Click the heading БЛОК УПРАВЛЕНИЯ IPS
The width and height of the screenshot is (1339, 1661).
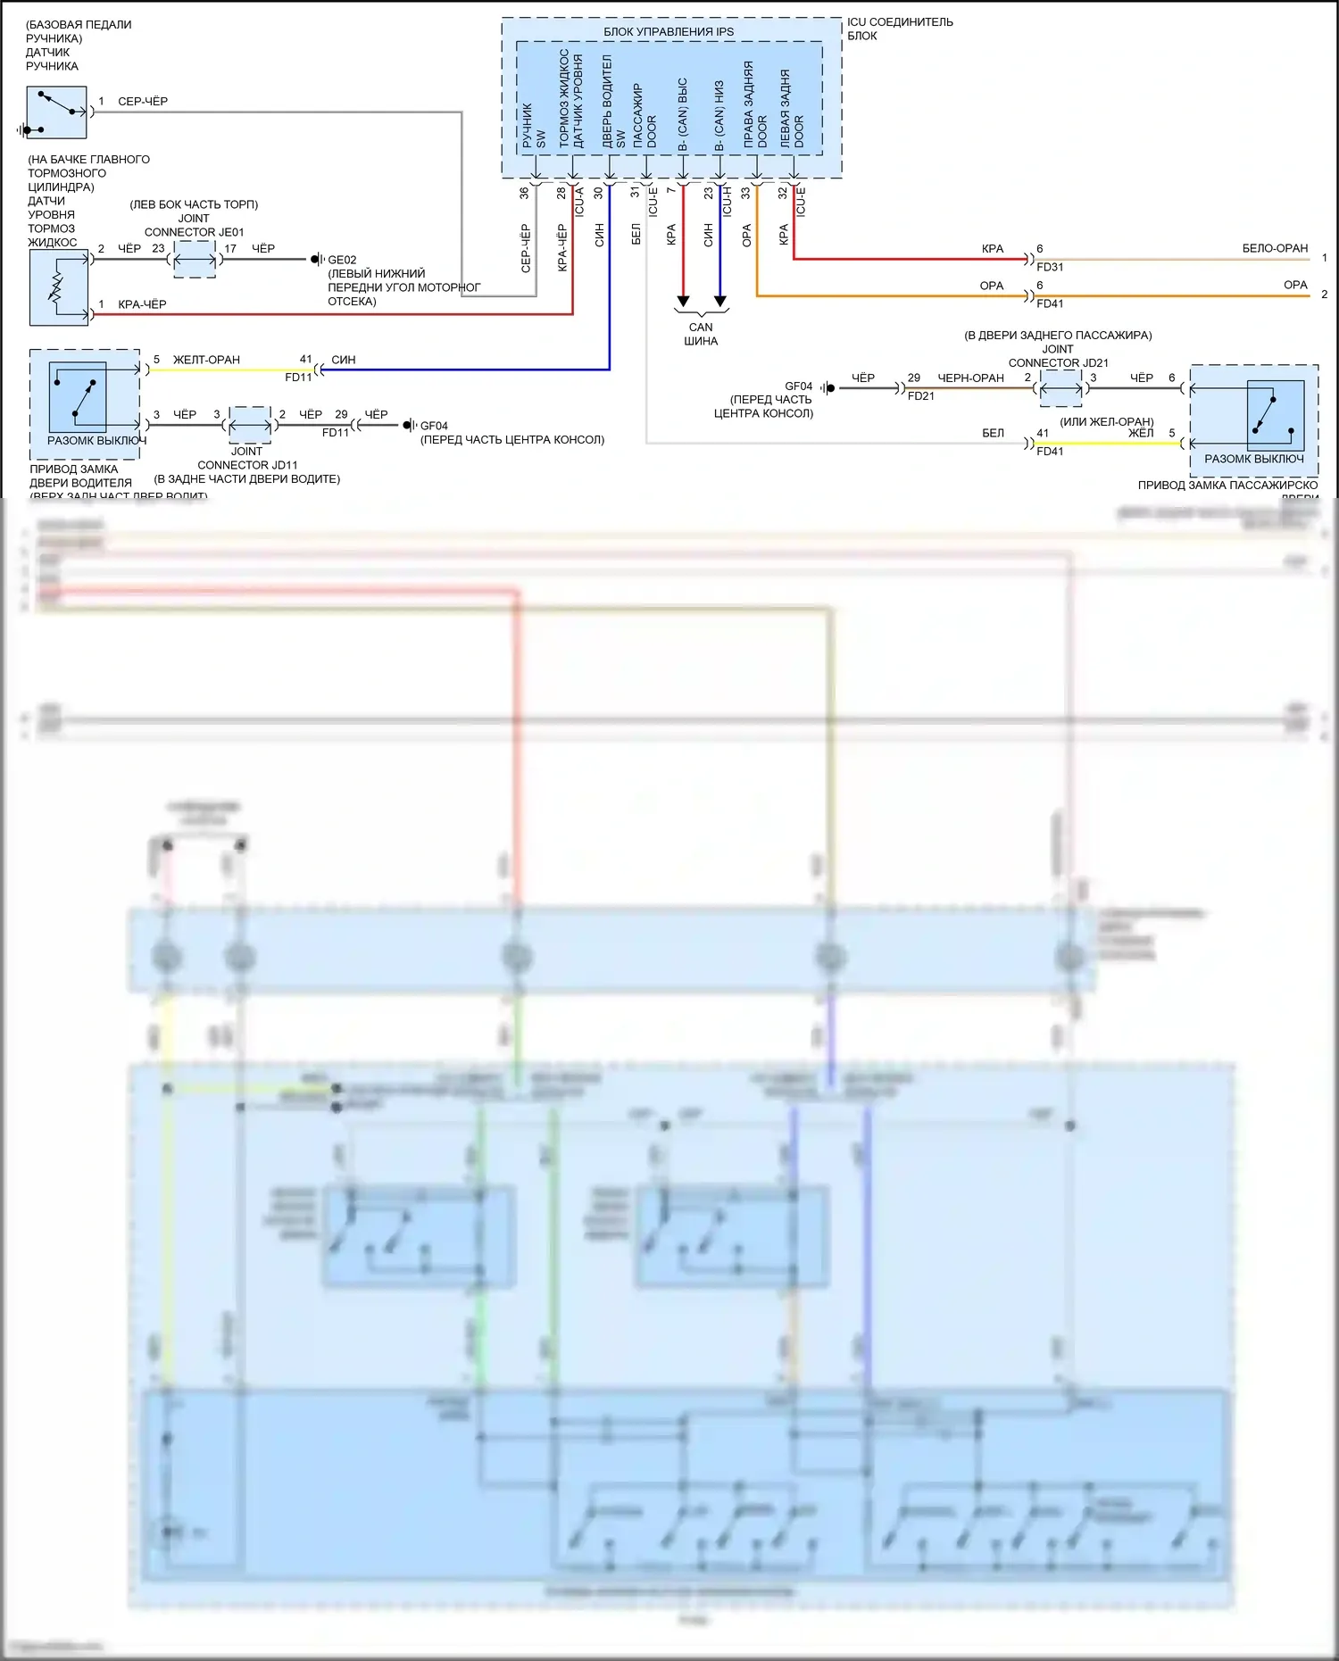click(669, 32)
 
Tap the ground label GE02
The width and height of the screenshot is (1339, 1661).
click(342, 260)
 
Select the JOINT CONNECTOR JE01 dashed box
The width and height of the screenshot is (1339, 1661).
click(195, 260)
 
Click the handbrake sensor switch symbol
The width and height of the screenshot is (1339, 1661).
click(56, 112)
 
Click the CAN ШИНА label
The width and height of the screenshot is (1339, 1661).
click(701, 334)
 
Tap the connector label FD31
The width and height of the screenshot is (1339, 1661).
click(1050, 267)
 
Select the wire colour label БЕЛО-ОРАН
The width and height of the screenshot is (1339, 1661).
click(1275, 248)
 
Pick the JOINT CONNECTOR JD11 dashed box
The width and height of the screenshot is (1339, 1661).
click(250, 425)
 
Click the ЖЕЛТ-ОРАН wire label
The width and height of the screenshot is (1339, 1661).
click(206, 360)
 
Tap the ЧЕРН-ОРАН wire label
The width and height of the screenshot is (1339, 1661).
click(970, 378)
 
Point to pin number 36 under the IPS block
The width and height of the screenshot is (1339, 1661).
click(524, 192)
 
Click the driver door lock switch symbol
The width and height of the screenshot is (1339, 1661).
click(78, 396)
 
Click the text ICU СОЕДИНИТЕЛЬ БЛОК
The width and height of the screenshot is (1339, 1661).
click(899, 29)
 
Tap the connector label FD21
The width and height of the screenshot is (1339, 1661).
click(920, 395)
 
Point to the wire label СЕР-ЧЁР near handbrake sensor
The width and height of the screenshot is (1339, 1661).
click(143, 101)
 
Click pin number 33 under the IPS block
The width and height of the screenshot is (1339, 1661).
click(745, 192)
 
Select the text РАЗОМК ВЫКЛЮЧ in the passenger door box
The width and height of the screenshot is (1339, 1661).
click(1253, 459)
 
